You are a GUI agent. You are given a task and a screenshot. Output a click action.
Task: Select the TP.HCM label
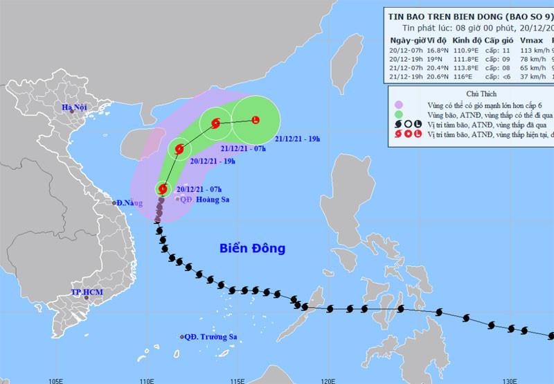(86, 293)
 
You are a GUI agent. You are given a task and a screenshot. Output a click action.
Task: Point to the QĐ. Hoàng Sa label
(206, 200)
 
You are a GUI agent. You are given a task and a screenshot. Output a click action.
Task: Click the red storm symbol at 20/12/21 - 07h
(163, 188)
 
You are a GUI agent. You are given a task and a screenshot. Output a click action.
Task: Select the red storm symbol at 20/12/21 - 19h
(180, 148)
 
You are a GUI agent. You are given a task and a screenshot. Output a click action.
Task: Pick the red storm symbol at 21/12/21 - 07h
(215, 125)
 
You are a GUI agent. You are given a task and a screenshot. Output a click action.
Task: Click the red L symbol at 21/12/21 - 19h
(256, 121)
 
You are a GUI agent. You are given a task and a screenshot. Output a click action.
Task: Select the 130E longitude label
(510, 380)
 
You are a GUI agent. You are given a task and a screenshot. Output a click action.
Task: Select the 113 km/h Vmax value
(536, 50)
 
